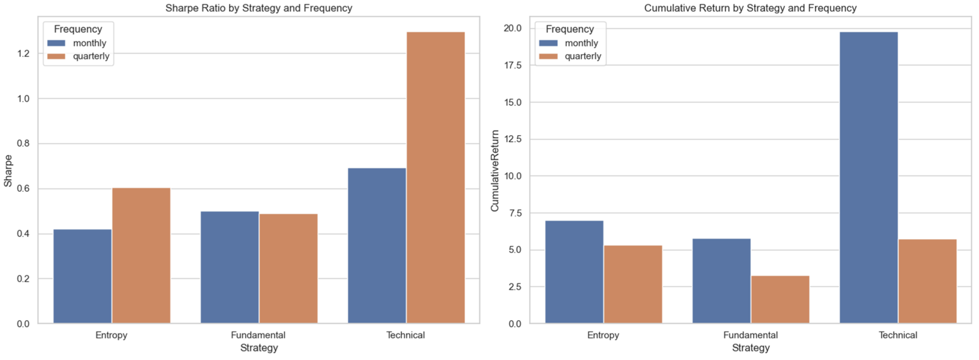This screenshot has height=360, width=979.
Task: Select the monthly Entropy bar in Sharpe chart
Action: click(83, 276)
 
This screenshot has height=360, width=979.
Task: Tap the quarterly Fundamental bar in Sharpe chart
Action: click(288, 268)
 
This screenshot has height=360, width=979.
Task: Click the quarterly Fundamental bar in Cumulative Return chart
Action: click(780, 300)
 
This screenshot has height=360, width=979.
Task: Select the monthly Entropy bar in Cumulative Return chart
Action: click(574, 272)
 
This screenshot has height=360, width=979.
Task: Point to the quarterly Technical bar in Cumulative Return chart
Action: click(927, 281)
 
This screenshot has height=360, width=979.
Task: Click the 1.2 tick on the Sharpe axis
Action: click(23, 54)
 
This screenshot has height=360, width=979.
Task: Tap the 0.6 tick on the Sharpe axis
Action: click(23, 189)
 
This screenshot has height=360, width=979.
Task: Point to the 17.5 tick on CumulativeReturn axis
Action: click(513, 65)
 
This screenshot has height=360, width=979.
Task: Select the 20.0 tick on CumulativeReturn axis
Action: click(513, 28)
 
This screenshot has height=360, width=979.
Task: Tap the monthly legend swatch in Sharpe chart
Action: click(56, 43)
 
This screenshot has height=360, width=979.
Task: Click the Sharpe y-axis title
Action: click(8, 171)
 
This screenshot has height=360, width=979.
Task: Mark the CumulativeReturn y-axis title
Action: click(494, 171)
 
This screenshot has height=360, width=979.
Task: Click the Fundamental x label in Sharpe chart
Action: click(258, 335)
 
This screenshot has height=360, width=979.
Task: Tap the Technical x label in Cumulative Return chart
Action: click(898, 335)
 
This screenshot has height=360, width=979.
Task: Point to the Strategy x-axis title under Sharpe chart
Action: click(259, 348)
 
